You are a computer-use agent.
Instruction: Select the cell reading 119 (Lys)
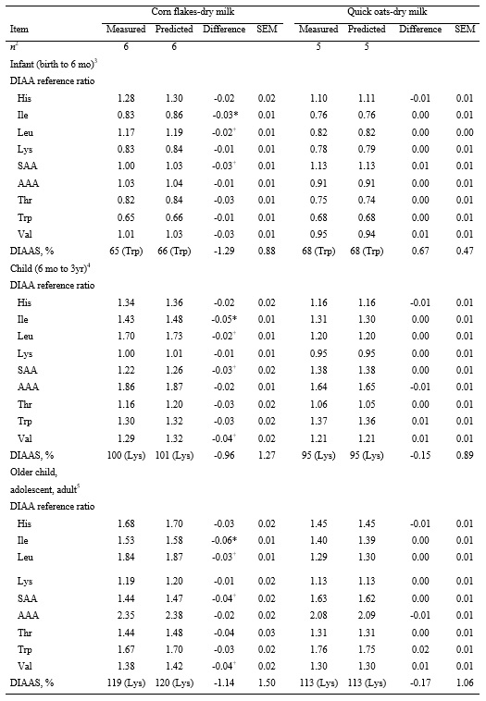point(123,683)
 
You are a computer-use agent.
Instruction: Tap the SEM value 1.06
point(465,683)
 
